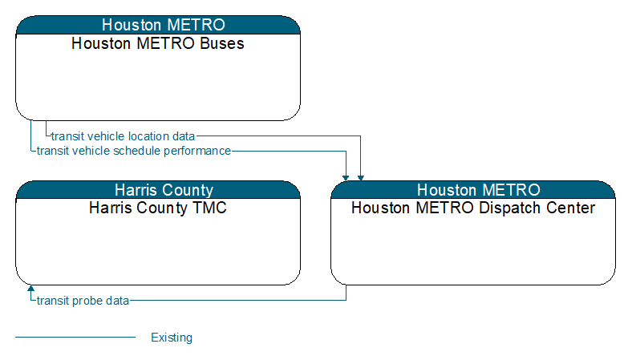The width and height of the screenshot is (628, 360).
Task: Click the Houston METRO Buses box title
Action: pyautogui.click(x=158, y=43)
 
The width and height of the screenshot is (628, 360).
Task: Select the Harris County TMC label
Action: pyautogui.click(x=158, y=208)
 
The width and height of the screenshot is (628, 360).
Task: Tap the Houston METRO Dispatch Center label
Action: pyautogui.click(x=473, y=208)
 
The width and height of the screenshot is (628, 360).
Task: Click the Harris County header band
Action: pyautogui.click(x=158, y=190)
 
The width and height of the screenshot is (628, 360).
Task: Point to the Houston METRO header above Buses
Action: pyautogui.click(x=158, y=25)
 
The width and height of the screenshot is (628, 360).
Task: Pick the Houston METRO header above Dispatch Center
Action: pyautogui.click(x=473, y=190)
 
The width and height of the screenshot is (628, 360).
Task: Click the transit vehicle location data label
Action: pyautogui.click(x=123, y=136)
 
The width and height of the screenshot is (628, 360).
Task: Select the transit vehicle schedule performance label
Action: pyautogui.click(x=134, y=151)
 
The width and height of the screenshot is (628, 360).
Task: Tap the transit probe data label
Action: pyautogui.click(x=83, y=301)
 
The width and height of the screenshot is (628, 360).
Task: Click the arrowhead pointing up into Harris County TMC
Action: pyautogui.click(x=30, y=288)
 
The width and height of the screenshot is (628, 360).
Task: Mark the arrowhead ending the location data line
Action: pyautogui.click(x=360, y=178)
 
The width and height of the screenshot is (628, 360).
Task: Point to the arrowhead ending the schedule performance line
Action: pyautogui.click(x=346, y=178)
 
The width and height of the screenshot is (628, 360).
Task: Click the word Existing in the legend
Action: pyautogui.click(x=172, y=338)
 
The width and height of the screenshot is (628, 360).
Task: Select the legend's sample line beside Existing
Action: pyautogui.click(x=75, y=338)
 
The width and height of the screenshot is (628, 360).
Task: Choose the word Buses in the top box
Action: pyautogui.click(x=222, y=43)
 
